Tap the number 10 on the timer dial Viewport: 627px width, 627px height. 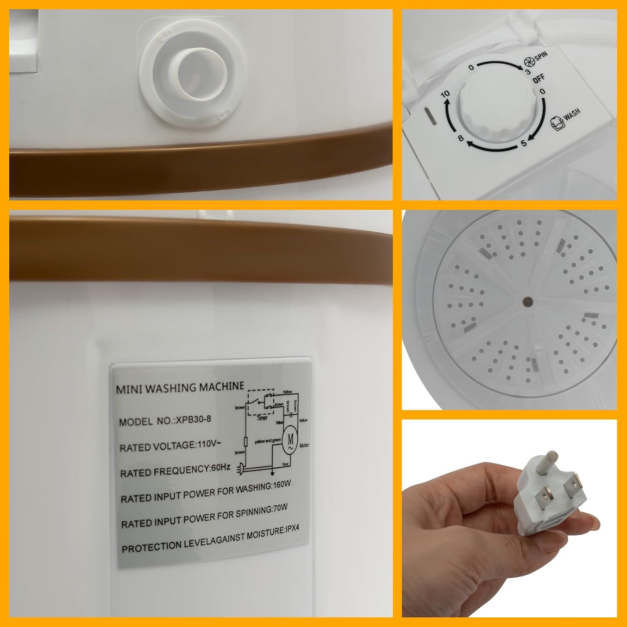pos(446,94)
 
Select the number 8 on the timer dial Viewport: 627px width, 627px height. pos(461,138)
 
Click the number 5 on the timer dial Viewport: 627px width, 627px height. pos(523,143)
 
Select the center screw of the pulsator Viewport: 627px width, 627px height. pos(528,301)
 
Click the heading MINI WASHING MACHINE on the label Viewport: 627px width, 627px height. pos(180,387)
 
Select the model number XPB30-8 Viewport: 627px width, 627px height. pos(193,420)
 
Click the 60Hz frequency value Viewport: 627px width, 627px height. pos(220,468)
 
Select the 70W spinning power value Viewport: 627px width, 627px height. pos(280,509)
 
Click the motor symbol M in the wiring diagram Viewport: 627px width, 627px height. pos(290,440)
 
